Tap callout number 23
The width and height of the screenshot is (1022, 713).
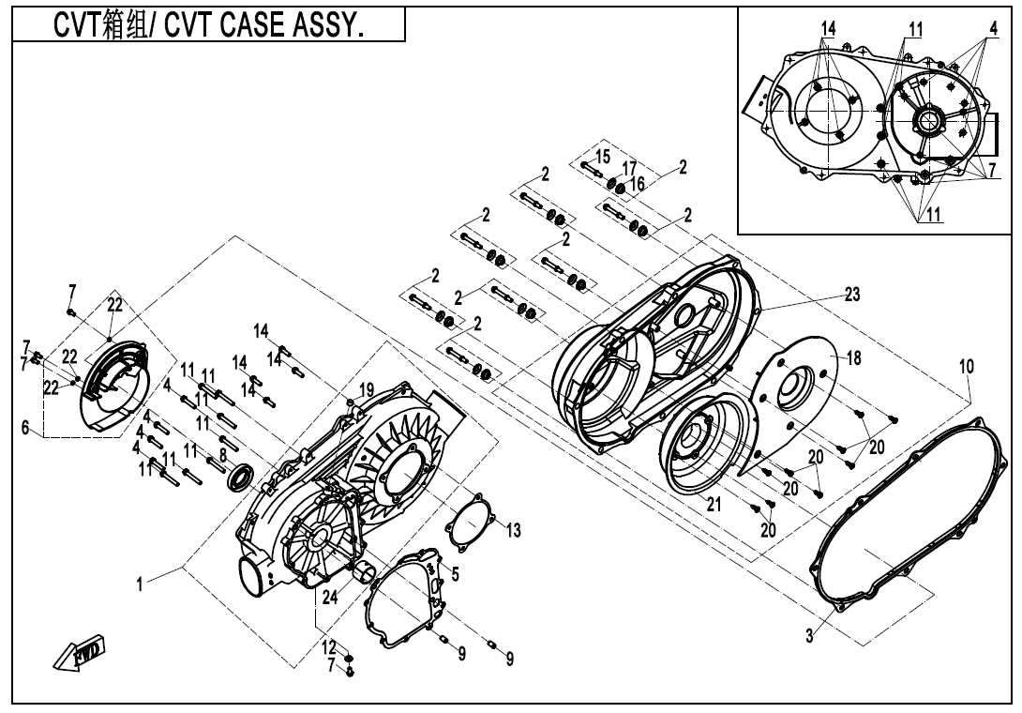(x=851, y=294)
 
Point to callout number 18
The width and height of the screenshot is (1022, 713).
(x=853, y=357)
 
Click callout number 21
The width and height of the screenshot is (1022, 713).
(x=714, y=504)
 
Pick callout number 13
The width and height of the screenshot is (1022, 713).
(x=513, y=532)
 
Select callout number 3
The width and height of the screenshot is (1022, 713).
(x=809, y=637)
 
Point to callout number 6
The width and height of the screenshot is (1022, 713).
(x=24, y=428)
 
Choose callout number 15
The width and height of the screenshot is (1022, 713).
(x=602, y=155)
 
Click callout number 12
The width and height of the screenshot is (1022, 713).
(x=329, y=647)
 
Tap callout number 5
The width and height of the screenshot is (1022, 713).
(x=455, y=574)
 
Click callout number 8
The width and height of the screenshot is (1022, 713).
(x=222, y=454)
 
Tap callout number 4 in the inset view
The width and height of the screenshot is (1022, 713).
(x=993, y=28)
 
